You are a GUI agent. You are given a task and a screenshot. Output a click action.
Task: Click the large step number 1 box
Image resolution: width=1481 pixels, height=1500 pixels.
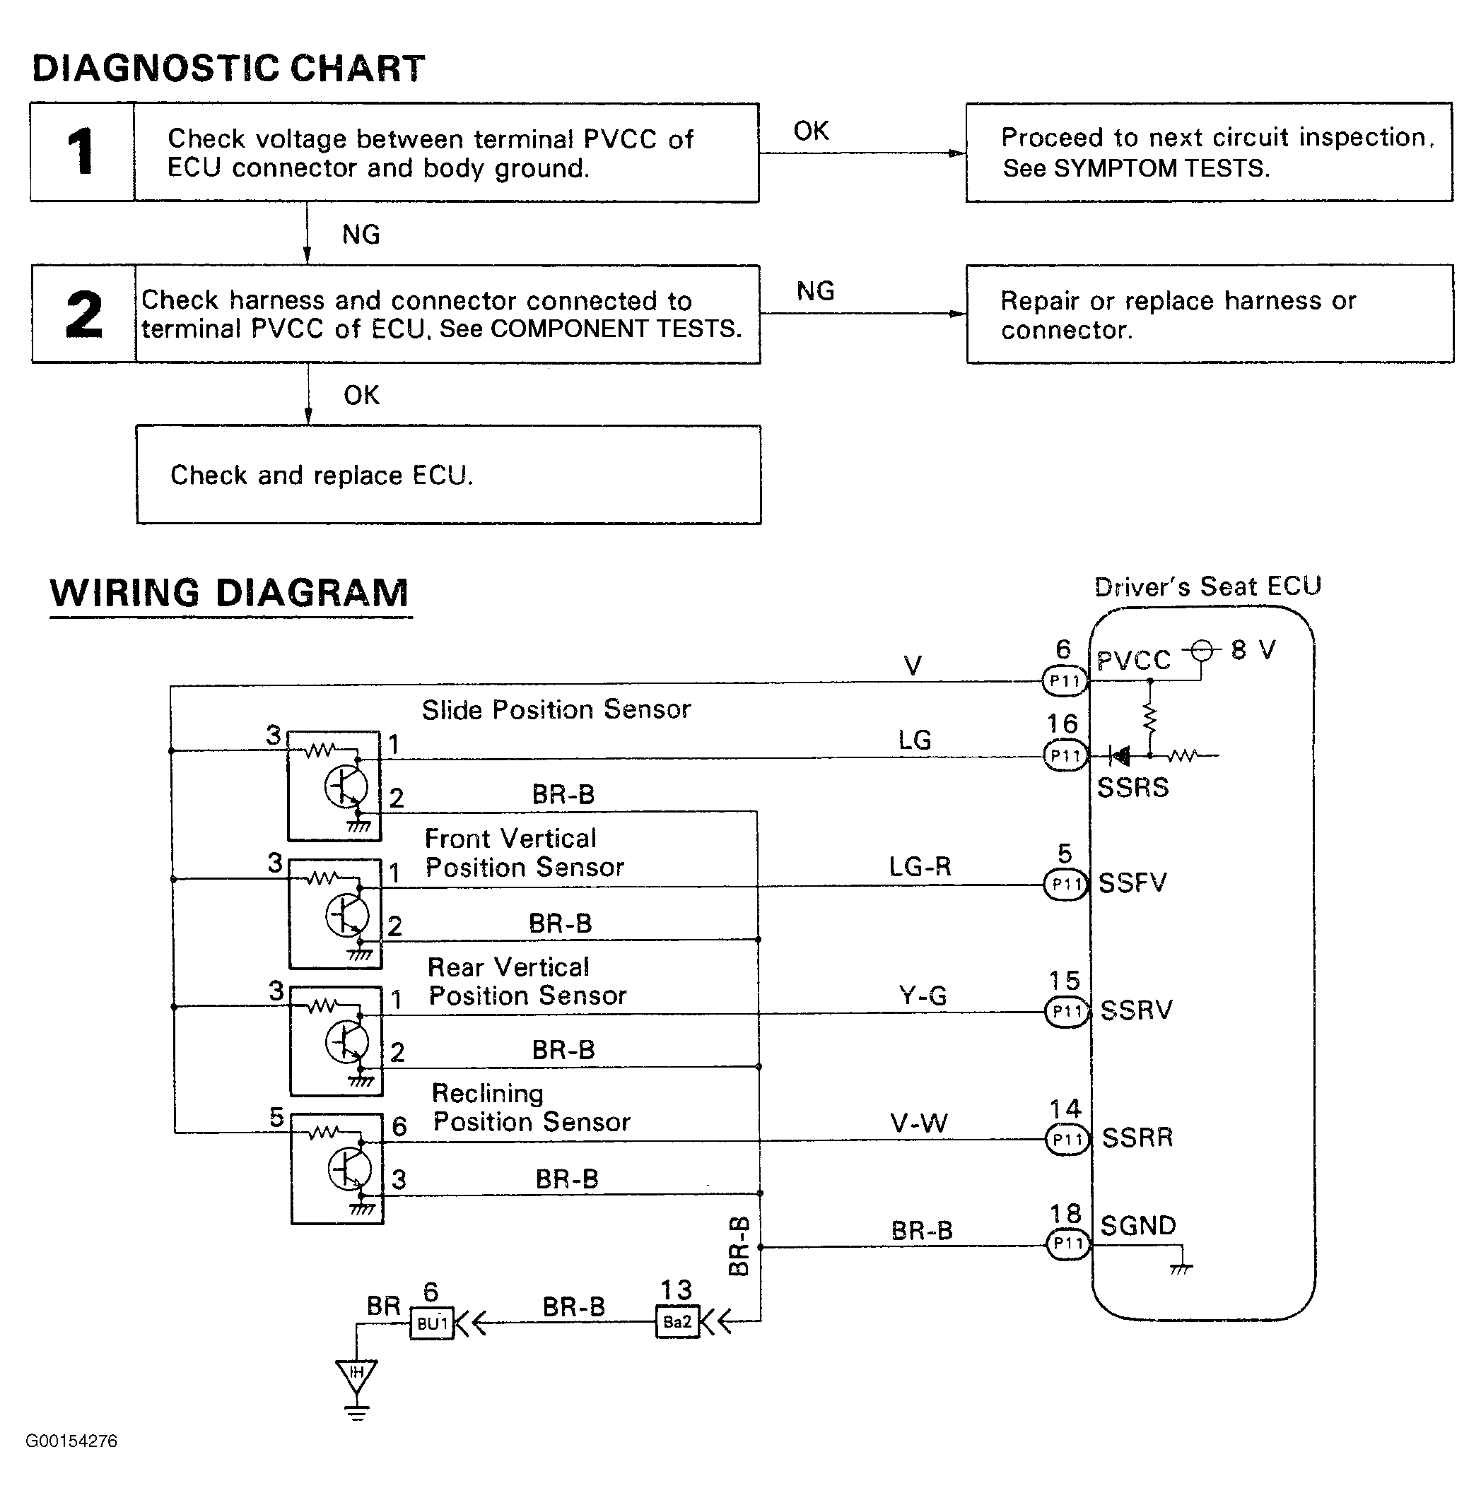point(82,152)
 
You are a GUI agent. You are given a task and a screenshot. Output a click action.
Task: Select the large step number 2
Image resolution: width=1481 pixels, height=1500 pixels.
point(84,314)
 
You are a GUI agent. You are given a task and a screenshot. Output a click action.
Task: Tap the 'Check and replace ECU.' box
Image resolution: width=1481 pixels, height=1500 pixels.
point(448,474)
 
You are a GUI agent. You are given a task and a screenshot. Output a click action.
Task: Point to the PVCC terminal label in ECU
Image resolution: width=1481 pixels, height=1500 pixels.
point(1133,661)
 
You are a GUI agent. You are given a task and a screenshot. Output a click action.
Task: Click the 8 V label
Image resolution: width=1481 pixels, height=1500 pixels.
point(1253,649)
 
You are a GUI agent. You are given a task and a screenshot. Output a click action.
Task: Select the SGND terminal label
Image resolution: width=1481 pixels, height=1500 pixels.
point(1137,1226)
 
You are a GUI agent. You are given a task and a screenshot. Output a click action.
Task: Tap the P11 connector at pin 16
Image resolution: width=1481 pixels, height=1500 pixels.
point(1065,755)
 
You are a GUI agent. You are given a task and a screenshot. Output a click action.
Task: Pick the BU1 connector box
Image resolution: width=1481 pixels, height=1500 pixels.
point(432,1323)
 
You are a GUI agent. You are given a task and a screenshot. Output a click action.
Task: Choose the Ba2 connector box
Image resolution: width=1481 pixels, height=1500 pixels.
point(677,1321)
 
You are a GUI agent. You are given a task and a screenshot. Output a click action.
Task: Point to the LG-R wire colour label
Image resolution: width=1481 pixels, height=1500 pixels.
point(920,866)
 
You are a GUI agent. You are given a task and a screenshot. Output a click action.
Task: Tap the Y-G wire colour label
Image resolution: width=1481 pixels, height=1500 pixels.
point(923,996)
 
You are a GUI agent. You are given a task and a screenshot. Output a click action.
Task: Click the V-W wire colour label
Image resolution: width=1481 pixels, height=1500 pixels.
point(919,1123)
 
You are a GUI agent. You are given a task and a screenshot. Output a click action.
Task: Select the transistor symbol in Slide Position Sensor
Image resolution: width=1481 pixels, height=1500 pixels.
point(345,788)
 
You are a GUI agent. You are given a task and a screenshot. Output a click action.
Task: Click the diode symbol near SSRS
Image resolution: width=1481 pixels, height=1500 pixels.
point(1119,755)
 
